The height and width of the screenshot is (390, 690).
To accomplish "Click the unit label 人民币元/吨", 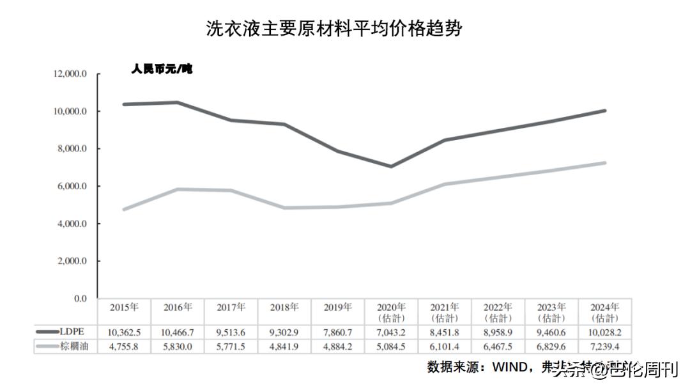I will [162, 69].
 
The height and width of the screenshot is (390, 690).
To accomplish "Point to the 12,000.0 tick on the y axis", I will [70, 74].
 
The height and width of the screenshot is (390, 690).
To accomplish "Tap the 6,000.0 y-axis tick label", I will [72, 186].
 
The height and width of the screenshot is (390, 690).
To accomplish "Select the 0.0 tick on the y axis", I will [80, 299].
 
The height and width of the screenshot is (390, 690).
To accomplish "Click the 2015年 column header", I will [124, 308].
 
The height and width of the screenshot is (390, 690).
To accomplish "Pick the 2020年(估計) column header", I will [392, 312].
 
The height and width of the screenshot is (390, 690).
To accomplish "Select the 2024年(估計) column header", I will [605, 312].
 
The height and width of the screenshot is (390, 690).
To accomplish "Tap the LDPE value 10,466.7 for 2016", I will [178, 332].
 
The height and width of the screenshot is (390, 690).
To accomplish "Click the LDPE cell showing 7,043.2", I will [392, 332].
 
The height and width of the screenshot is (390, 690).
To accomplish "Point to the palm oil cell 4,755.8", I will [124, 346].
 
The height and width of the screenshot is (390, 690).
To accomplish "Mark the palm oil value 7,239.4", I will [605, 346].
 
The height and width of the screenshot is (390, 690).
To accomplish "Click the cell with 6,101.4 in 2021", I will [445, 346].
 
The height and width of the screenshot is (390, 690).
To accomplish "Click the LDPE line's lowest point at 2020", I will [391, 166].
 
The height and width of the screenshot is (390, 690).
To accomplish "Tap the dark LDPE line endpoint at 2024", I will [604, 111].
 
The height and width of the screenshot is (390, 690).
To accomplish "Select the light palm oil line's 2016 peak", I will [177, 189].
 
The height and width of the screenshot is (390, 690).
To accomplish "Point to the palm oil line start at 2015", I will [124, 209].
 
